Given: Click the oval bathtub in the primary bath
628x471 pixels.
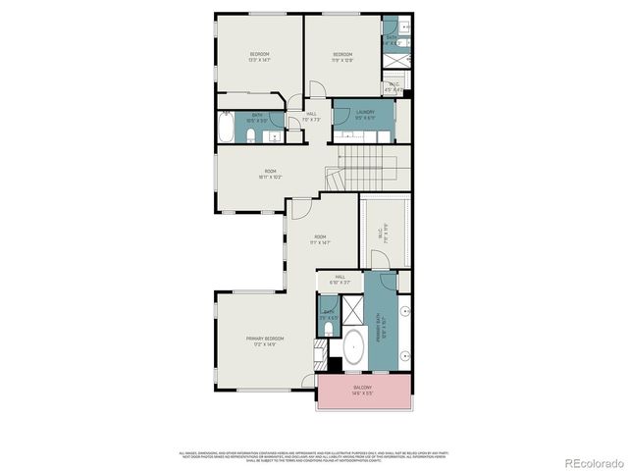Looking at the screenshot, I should coord(353,348).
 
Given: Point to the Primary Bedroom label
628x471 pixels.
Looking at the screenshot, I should coord(260,340).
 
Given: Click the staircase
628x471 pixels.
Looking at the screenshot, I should coord(368,161).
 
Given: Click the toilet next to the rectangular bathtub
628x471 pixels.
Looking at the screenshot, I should coord(251,135).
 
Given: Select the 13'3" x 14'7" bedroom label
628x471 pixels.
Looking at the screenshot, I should coord(259,56).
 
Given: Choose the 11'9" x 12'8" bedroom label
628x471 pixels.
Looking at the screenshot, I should coord(341,56).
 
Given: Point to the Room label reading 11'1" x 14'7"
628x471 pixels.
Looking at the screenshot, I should coord(320,239).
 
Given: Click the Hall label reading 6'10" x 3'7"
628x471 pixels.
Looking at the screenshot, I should coord(340,280).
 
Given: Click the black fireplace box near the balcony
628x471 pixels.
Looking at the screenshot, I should coord(335,364).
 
